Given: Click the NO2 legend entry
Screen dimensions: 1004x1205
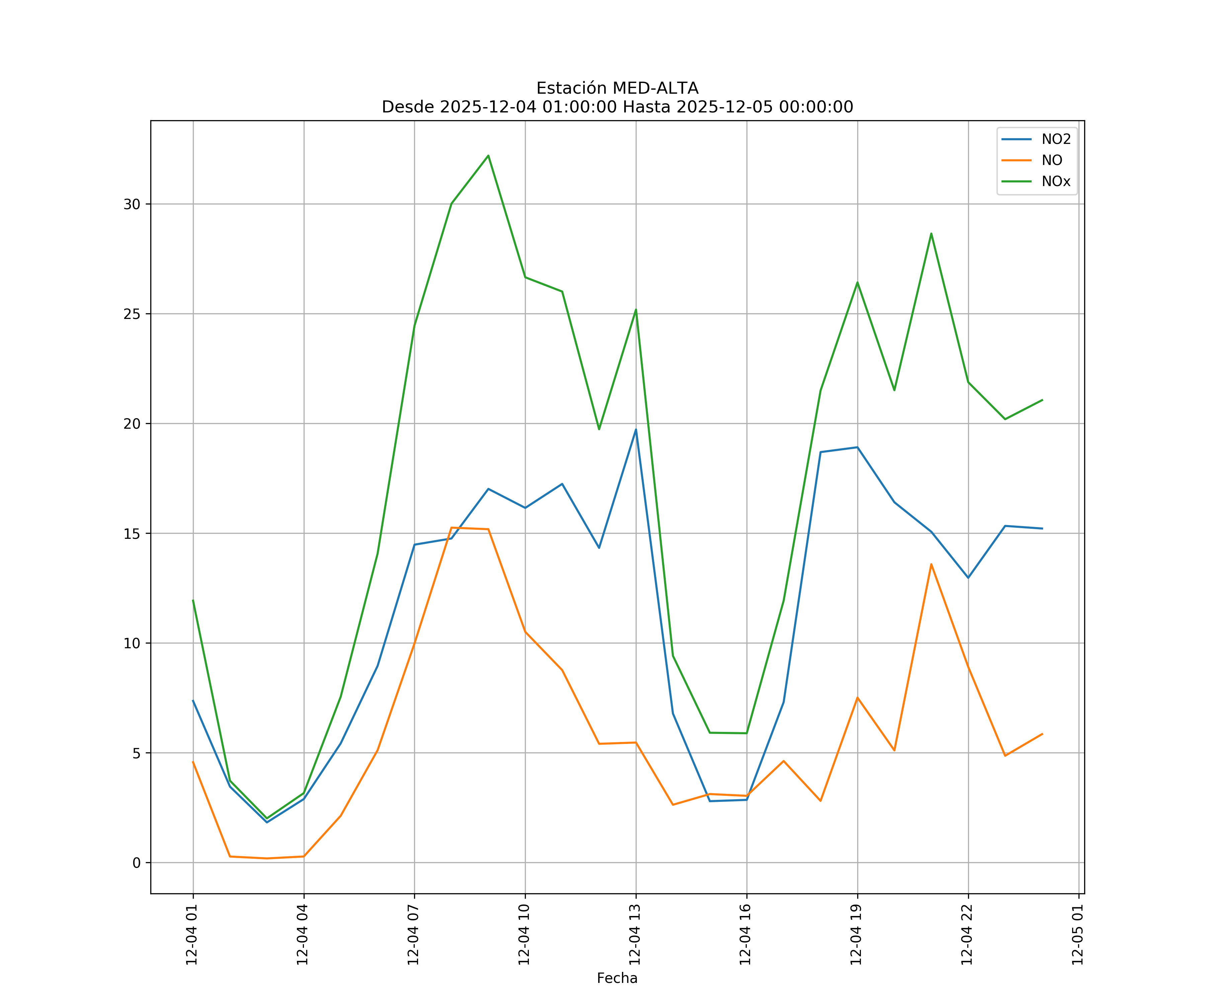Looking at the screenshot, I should tap(1055, 140).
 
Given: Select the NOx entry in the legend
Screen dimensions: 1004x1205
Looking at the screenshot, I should tap(1055, 181).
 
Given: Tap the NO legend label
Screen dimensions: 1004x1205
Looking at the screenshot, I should tap(1051, 161).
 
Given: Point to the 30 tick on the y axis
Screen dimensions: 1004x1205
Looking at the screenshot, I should tap(132, 204).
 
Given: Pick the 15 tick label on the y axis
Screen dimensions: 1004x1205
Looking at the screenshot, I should tap(132, 533).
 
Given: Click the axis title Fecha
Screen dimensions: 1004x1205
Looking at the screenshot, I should tap(617, 978).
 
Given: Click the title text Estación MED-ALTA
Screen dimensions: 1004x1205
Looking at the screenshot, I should tap(617, 88).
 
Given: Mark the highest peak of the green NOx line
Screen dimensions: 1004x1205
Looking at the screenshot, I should tap(488, 156).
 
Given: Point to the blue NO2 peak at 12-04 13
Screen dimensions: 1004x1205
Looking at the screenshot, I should tap(636, 429).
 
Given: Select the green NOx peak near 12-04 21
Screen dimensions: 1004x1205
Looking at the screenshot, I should tap(931, 234).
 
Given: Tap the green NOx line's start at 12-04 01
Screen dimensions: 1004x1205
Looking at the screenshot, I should tap(193, 600).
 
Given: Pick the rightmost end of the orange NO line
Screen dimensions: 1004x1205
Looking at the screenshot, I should tap(1042, 734).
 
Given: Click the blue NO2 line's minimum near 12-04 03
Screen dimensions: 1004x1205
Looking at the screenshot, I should tap(267, 822).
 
